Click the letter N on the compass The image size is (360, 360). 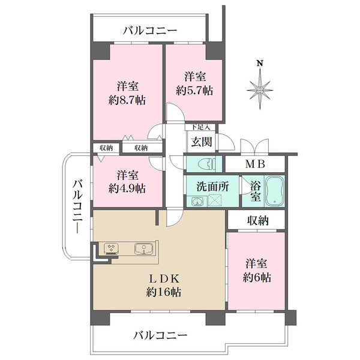click(x=259, y=63)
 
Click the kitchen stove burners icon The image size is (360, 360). click(x=112, y=247)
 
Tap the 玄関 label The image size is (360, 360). click(x=199, y=142)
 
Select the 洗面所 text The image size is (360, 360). click(x=212, y=186)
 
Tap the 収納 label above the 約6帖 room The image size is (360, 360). click(x=256, y=221)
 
